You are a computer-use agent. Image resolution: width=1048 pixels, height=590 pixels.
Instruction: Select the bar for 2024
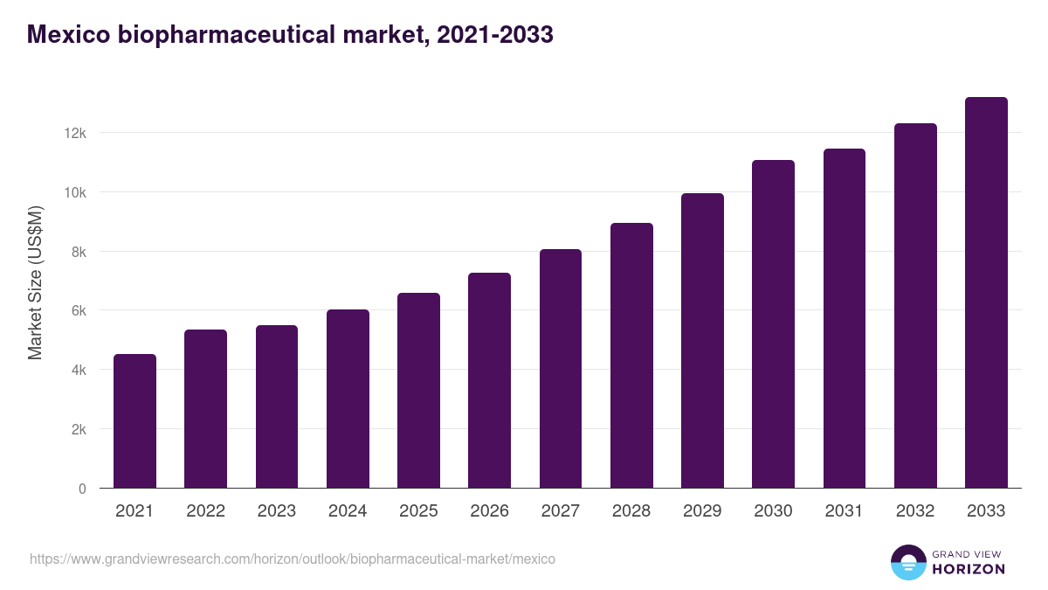tap(348, 399)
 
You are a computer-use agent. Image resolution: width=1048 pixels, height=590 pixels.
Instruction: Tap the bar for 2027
tap(561, 368)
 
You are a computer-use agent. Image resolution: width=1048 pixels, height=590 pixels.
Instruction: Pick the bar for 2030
tap(773, 323)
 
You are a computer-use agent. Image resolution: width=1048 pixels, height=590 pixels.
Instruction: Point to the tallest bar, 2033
tap(986, 292)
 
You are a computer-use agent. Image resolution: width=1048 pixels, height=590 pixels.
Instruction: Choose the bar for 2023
tap(277, 406)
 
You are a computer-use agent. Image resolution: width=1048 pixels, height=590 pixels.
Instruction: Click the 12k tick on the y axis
tap(76, 133)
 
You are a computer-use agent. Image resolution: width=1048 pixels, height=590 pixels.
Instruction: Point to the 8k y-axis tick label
tap(79, 252)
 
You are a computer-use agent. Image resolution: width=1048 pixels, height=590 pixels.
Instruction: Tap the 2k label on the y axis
tap(79, 429)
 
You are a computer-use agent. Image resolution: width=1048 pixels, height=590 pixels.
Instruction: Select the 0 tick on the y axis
tap(82, 489)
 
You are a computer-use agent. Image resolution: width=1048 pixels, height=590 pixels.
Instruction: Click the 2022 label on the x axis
tap(205, 511)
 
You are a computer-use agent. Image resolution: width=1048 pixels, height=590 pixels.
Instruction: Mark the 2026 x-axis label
tap(489, 511)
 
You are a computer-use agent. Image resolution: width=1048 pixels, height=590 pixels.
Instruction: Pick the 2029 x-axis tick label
tap(702, 511)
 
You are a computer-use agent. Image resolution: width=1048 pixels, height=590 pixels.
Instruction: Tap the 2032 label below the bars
tap(915, 511)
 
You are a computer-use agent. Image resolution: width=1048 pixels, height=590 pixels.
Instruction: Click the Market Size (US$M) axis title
tap(35, 283)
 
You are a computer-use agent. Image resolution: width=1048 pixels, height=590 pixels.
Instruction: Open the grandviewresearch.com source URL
tap(293, 559)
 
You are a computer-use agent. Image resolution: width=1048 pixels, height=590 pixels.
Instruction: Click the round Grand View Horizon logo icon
tap(907, 562)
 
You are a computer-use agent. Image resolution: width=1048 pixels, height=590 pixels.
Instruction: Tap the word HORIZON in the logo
tap(969, 569)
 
